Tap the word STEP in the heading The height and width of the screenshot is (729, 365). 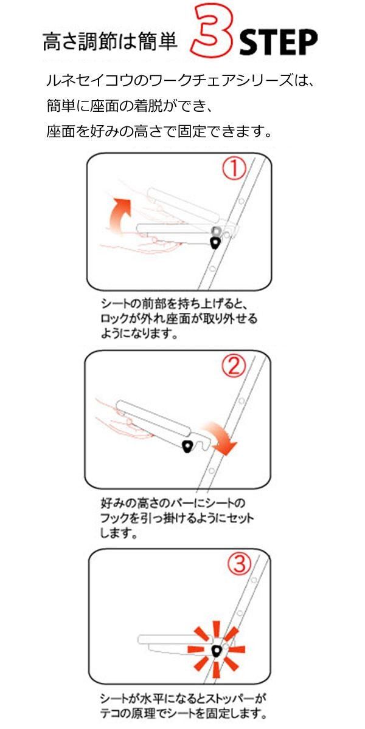(278, 43)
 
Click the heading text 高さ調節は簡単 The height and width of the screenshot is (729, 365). (110, 42)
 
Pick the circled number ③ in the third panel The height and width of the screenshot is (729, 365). (238, 566)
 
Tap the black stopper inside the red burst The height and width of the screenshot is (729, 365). (216, 651)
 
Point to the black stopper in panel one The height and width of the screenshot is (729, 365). (215, 243)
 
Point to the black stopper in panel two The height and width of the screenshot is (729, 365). (187, 447)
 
